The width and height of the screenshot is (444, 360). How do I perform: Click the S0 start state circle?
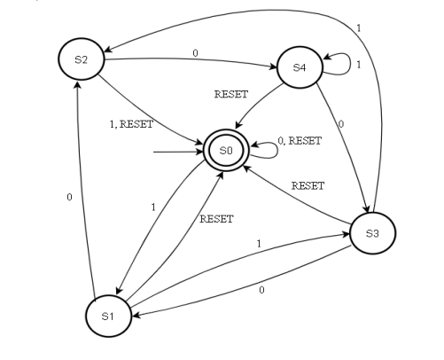pyautogui.click(x=227, y=152)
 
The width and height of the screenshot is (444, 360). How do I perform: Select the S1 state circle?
pyautogui.click(x=109, y=316)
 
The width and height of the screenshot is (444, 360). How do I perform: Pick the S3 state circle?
pyautogui.click(x=372, y=233)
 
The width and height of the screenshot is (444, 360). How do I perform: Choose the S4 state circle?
pyautogui.click(x=300, y=67)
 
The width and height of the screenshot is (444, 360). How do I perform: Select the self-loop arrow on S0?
pyautogui.click(x=264, y=152)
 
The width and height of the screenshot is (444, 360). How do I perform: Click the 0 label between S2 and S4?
pyautogui.click(x=194, y=52)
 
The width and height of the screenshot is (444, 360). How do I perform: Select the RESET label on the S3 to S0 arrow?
pyautogui.click(x=308, y=185)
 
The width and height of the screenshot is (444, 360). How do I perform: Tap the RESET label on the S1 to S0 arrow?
pyautogui.click(x=216, y=217)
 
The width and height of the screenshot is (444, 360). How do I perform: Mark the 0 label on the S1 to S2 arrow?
pyautogui.click(x=68, y=197)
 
